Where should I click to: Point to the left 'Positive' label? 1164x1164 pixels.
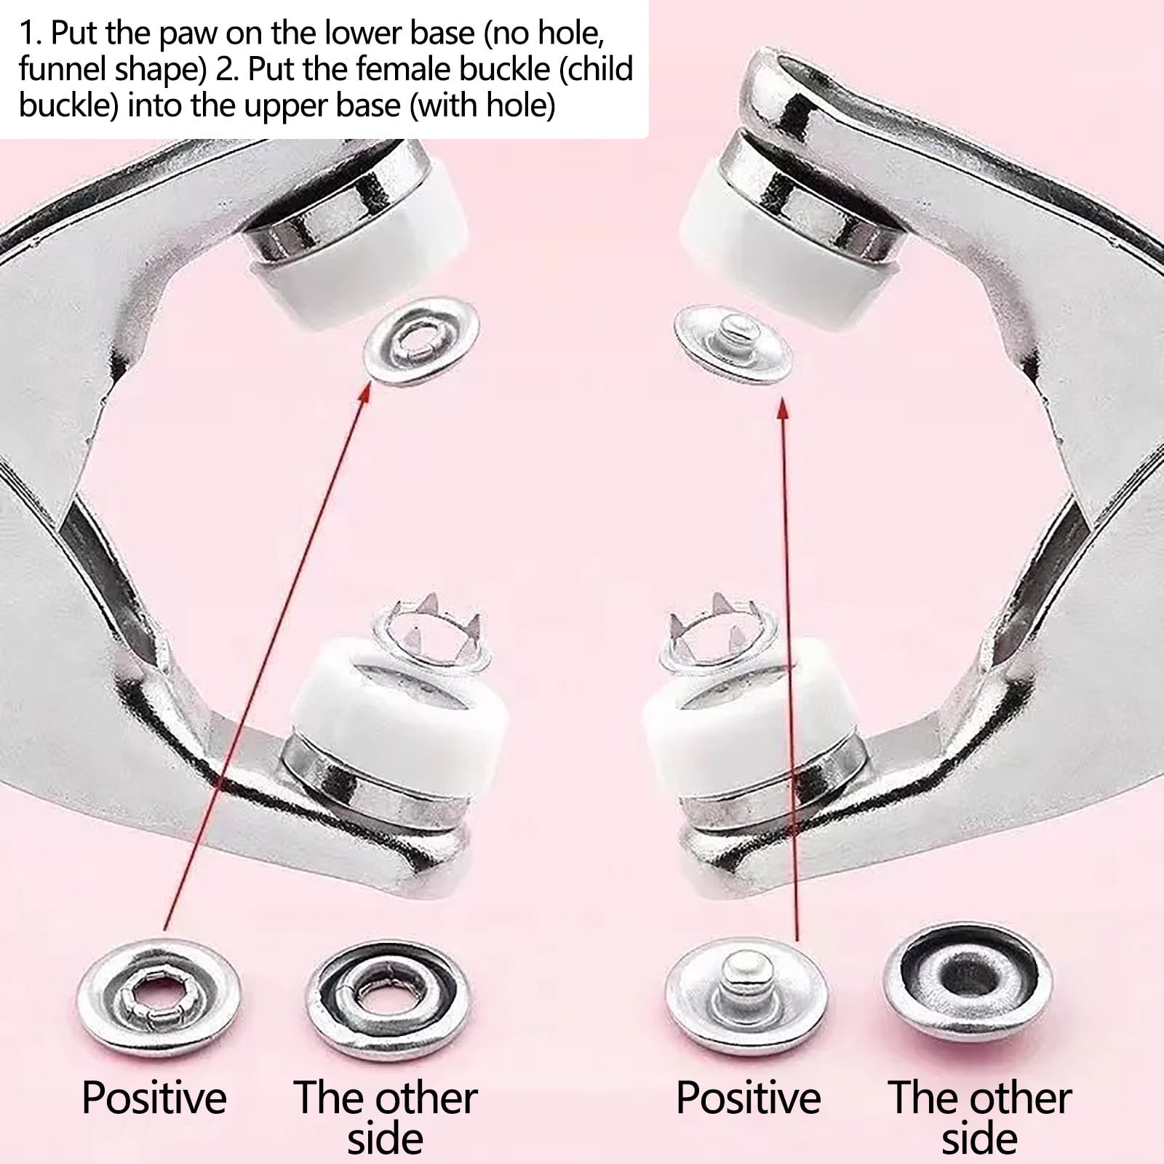154,1096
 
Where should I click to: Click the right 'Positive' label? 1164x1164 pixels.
749,1096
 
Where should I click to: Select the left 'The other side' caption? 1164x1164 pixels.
386,1117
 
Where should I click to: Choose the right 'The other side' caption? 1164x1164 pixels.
980,1117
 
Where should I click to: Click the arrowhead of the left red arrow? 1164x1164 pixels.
367,396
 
